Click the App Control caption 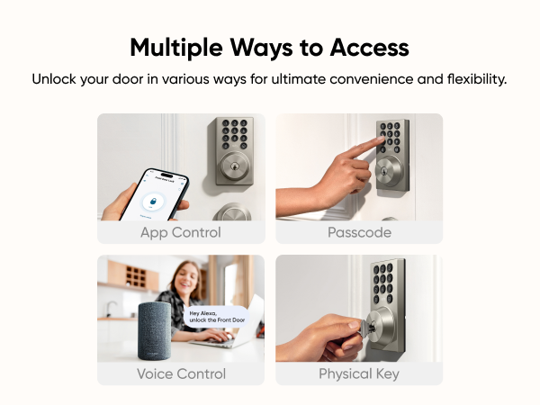pos(181,232)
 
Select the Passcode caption pos(359,232)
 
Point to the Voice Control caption pos(181,373)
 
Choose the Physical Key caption pos(359,373)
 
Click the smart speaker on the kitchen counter pos(159,333)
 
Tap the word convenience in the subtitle pos(355,79)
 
